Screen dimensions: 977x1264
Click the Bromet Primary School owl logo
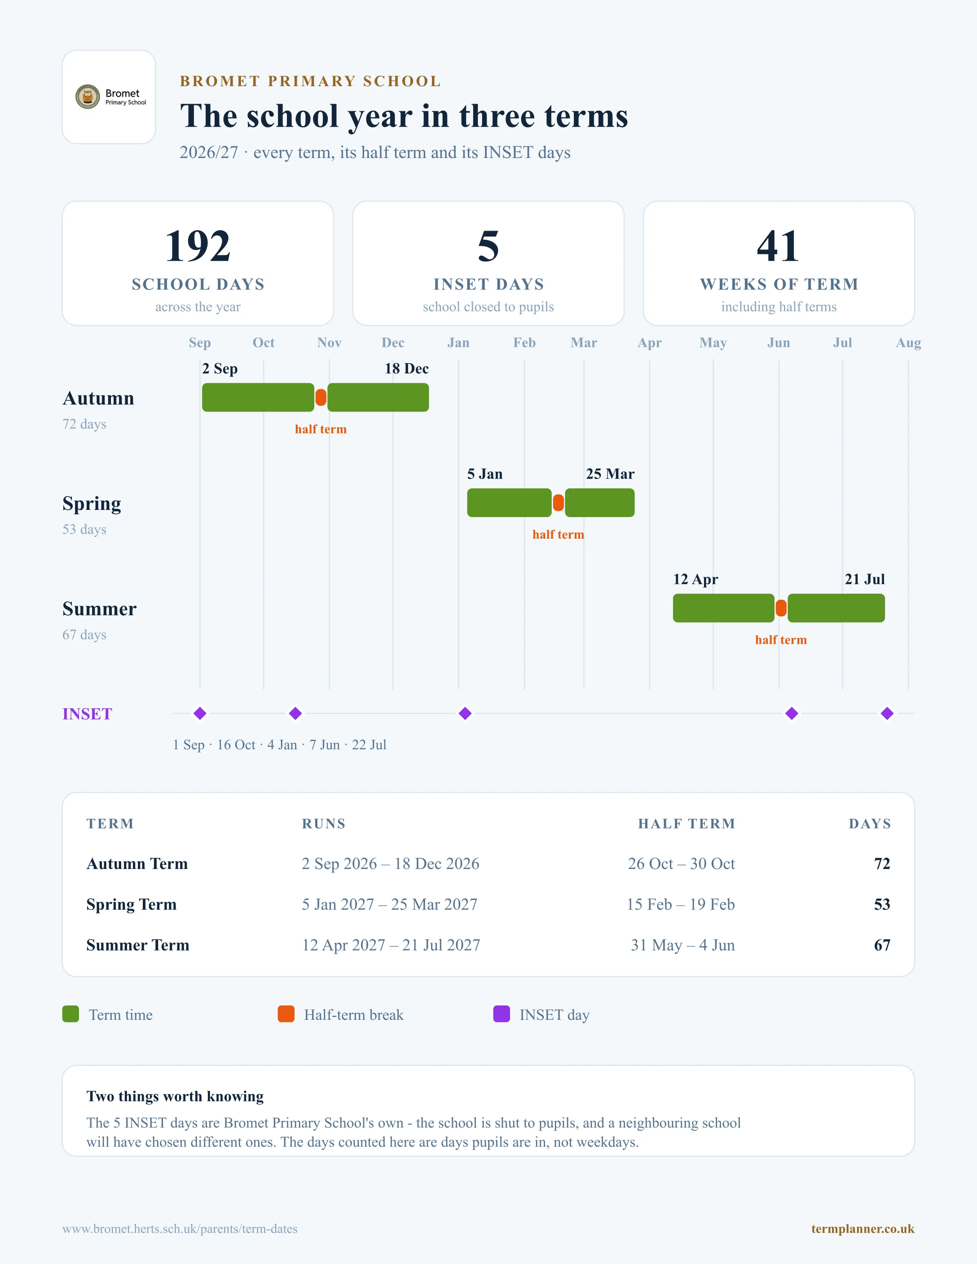click(88, 97)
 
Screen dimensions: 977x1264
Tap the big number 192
click(198, 246)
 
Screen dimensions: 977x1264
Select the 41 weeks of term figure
click(779, 246)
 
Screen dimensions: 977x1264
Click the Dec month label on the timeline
click(393, 342)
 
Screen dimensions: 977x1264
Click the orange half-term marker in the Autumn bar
click(321, 398)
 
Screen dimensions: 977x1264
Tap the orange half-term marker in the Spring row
click(558, 503)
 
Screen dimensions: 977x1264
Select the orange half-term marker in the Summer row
click(781, 608)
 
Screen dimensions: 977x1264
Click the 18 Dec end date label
click(406, 369)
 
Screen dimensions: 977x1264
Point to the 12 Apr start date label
click(695, 580)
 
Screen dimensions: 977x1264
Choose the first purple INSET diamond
click(200, 714)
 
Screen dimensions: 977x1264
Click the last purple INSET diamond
click(887, 714)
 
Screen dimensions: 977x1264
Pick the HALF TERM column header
click(687, 824)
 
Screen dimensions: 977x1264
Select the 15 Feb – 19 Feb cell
click(681, 904)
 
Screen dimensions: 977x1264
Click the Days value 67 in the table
click(882, 945)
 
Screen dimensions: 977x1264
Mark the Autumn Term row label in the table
click(137, 864)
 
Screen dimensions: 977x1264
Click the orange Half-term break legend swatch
click(286, 1014)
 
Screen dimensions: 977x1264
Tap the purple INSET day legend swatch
click(501, 1014)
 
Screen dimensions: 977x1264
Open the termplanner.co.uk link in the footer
click(863, 1229)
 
